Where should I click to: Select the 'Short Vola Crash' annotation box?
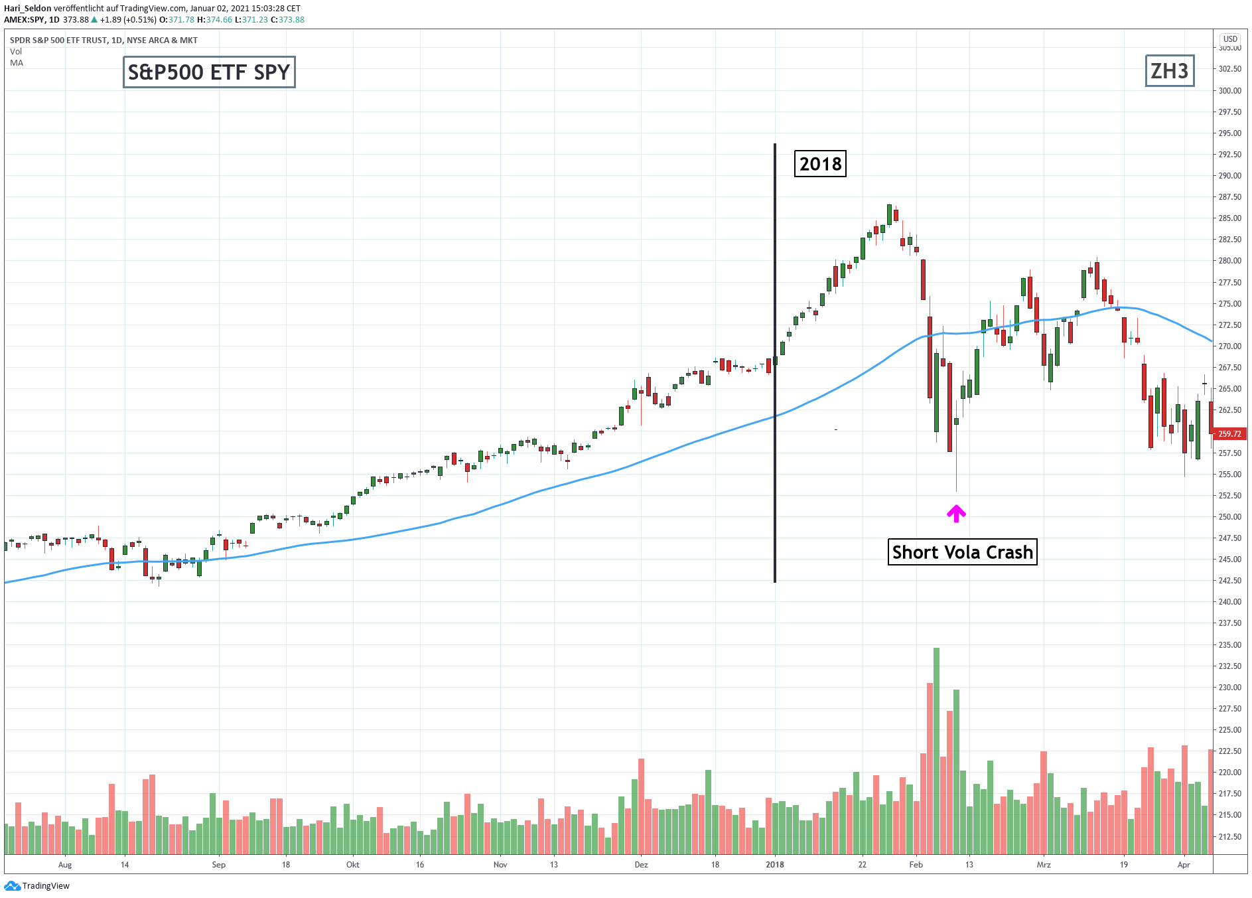point(962,552)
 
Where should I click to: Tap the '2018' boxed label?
point(820,164)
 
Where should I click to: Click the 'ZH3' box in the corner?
point(1169,72)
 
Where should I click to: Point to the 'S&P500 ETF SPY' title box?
point(209,72)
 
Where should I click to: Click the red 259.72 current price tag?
point(1229,434)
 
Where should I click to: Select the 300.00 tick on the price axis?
point(1229,91)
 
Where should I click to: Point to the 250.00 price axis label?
point(1229,517)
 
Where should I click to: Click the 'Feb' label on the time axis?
point(916,865)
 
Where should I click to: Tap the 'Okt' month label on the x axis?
point(353,865)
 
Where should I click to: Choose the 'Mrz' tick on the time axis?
point(1044,865)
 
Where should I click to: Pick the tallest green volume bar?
point(936,750)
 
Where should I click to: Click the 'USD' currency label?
point(1230,39)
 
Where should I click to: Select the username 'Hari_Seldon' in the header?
point(28,9)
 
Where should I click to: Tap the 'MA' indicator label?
point(17,63)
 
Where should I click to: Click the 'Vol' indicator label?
point(16,52)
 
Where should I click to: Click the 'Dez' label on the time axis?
point(641,865)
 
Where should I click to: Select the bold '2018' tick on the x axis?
point(774,865)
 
